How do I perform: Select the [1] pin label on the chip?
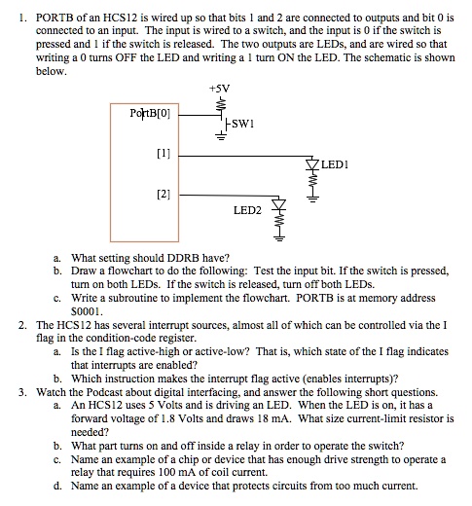[x=163, y=153]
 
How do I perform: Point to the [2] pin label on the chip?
[x=163, y=194]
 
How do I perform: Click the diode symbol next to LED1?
[x=313, y=162]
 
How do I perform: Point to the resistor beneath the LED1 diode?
[x=313, y=179]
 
